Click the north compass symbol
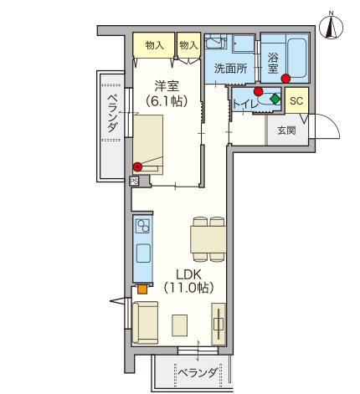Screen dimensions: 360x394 [331, 27]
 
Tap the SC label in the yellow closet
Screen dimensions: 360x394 [296, 100]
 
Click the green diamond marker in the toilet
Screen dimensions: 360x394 [275, 99]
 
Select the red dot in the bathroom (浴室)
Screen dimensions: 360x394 [285, 79]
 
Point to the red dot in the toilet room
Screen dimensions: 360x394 [259, 91]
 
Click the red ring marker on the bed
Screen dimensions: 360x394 [137, 166]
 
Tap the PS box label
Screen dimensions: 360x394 [134, 182]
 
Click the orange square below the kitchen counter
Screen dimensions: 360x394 [142, 289]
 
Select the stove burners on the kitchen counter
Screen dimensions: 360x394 [142, 226]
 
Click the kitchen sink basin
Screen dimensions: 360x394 [143, 253]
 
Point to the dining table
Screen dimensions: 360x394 [208, 239]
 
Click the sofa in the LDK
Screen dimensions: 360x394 [145, 323]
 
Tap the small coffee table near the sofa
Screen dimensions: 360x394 [180, 325]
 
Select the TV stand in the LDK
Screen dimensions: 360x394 [219, 324]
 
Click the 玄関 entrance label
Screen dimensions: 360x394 [286, 130]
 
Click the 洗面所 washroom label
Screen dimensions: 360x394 [230, 69]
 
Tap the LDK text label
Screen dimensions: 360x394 [189, 274]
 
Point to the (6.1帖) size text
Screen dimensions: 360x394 [167, 101]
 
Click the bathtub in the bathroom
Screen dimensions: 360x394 [297, 59]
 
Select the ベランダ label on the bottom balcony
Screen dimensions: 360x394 [198, 372]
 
